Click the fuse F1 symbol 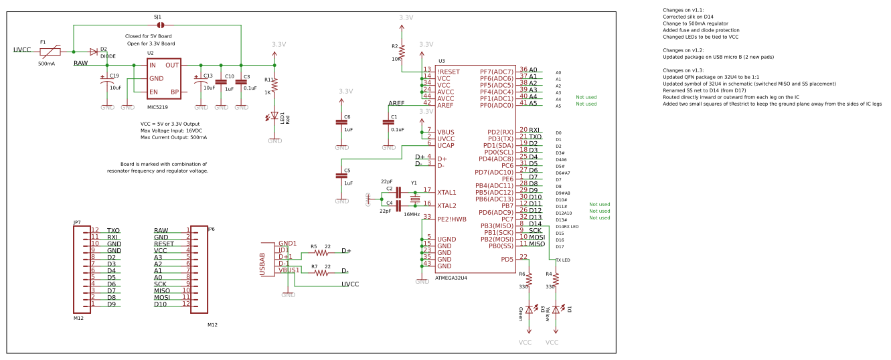pyautogui.click(x=50, y=52)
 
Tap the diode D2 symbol pyautogui.click(x=94, y=52)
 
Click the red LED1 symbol pyautogui.click(x=274, y=116)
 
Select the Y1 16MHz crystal pyautogui.click(x=414, y=199)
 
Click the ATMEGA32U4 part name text pyautogui.click(x=451, y=277)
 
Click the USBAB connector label pyautogui.click(x=262, y=265)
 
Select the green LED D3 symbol pyautogui.click(x=529, y=309)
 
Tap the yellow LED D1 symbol pyautogui.click(x=556, y=309)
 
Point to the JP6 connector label pyautogui.click(x=212, y=229)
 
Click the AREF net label pyautogui.click(x=396, y=102)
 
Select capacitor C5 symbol pyautogui.click(x=341, y=175)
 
